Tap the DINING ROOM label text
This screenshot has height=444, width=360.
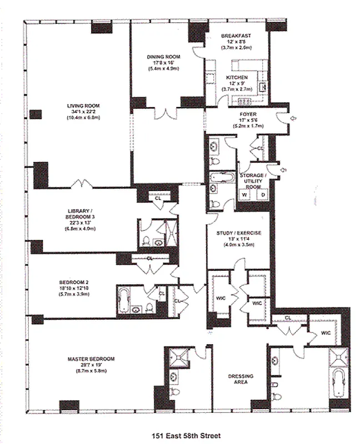click(161, 57)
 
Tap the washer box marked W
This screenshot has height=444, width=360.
click(244, 195)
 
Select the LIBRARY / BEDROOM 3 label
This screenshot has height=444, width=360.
click(81, 214)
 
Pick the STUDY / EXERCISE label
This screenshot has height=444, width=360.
click(239, 233)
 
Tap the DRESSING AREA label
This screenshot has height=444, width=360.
click(241, 380)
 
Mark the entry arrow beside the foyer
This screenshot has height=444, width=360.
click(294, 117)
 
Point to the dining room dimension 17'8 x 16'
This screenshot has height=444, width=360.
click(161, 63)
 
